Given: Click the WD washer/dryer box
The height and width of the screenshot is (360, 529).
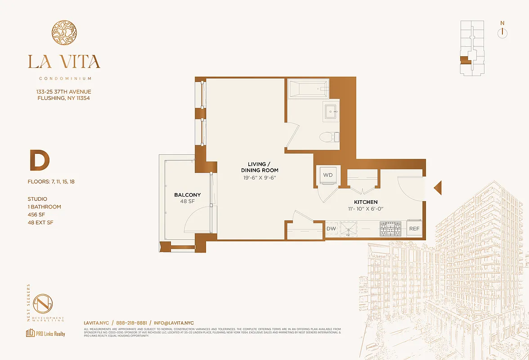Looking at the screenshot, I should (327, 175).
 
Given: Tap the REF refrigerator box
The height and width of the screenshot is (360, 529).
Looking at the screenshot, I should (414, 229).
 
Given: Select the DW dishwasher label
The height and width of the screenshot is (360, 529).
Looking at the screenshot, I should (331, 229).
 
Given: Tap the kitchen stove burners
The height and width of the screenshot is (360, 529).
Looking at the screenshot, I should (390, 229).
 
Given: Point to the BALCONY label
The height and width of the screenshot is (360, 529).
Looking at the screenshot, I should (188, 195).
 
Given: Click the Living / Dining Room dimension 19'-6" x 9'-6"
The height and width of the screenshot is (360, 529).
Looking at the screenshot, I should (260, 178).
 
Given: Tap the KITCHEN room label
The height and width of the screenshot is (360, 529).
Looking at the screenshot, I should (365, 202).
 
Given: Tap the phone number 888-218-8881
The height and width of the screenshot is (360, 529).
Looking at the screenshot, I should (131, 323).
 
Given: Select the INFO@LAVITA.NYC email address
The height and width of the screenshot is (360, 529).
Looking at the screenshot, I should (174, 323).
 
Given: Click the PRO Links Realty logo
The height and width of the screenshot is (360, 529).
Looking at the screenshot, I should (45, 333).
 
